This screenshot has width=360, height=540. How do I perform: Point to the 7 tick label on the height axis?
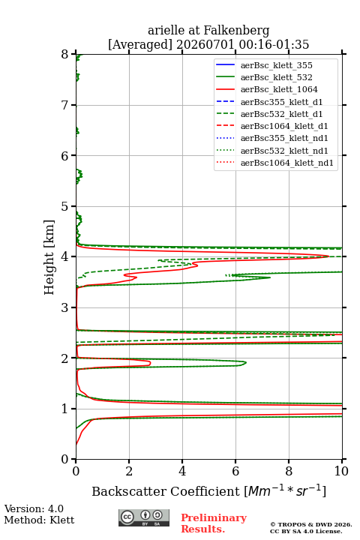pos(64,105)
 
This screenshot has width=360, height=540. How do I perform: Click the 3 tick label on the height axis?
pos(64,307)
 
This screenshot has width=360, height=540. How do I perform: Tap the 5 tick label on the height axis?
pos(64,206)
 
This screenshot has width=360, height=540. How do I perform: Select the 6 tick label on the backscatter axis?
pos(235,471)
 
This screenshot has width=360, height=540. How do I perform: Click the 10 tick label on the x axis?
pos(341,471)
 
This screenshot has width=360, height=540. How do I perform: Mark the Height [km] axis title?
pos(49,257)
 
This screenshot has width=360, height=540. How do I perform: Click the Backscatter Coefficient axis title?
pos(209,490)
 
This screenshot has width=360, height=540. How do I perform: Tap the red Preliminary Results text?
pos(214,523)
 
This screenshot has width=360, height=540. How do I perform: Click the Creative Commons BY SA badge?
pos(144,518)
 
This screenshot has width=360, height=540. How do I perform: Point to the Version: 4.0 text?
pos(34,508)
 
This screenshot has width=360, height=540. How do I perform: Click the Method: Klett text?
pos(39,520)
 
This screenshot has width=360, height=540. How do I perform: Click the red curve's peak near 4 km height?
pos(328,256)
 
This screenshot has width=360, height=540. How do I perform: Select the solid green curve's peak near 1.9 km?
pos(246,362)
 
